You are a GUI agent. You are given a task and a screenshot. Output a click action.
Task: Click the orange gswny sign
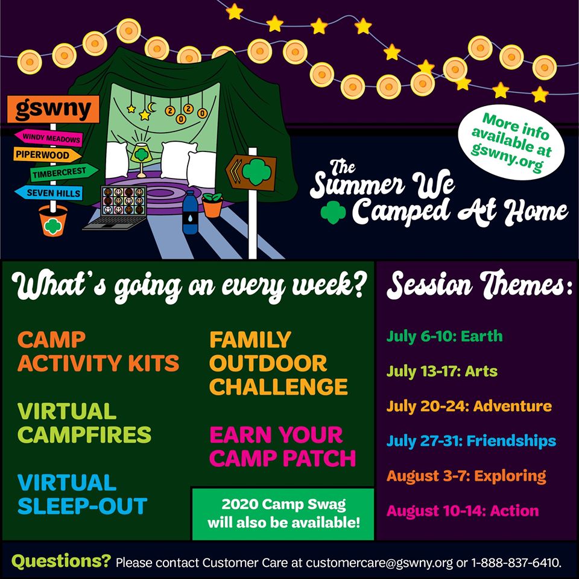(x=53, y=109)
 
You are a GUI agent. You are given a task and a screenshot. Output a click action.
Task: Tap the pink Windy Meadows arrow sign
(x=49, y=138)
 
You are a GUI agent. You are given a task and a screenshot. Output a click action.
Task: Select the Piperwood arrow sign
(x=47, y=154)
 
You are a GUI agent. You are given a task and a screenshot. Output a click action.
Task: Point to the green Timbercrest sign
(x=63, y=172)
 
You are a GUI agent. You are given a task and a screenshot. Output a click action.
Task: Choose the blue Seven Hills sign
(x=49, y=193)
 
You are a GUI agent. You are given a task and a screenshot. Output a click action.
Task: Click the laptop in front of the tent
(x=118, y=207)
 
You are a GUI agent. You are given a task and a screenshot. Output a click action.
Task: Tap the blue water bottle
(x=190, y=212)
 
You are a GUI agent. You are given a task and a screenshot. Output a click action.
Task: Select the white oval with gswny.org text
(x=511, y=142)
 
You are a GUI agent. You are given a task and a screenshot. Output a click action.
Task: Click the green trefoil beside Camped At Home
(x=333, y=212)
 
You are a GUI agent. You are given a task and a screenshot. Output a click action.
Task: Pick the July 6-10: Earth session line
(x=445, y=337)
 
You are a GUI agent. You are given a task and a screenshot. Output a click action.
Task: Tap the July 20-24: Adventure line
(x=469, y=406)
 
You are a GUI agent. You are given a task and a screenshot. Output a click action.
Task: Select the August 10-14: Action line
(x=463, y=511)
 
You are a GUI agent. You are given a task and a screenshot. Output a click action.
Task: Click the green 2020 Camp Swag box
(x=283, y=514)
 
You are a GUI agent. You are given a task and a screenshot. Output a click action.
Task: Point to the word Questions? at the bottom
(x=61, y=562)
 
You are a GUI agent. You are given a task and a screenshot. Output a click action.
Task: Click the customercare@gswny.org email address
(x=379, y=563)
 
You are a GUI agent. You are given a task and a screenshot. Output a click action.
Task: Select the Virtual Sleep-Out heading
(x=83, y=494)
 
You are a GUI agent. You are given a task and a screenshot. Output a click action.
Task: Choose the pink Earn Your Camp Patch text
(x=282, y=446)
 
